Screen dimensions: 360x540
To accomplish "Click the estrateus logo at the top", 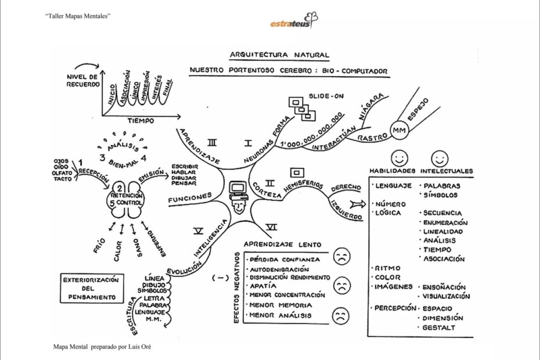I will pyautogui.click(x=293, y=20).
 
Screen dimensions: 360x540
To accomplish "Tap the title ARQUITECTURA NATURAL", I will pyautogui.click(x=280, y=54).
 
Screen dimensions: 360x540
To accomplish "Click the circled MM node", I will pyautogui.click(x=398, y=130).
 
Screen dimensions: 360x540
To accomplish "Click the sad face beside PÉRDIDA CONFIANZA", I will pyautogui.click(x=341, y=258).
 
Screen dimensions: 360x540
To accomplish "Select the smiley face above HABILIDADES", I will pyautogui.click(x=399, y=159).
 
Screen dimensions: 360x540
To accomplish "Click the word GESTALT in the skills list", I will pyautogui.click(x=439, y=328).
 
